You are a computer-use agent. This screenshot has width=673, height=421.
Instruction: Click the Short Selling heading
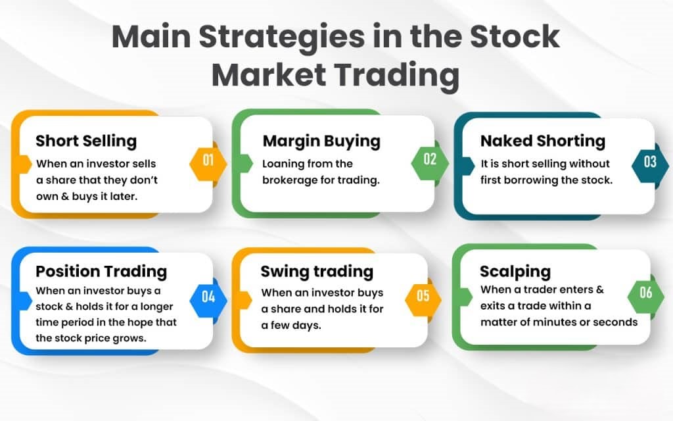click(86, 141)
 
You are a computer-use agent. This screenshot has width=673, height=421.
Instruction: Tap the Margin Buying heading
click(321, 141)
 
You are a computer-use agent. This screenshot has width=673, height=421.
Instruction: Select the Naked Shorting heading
click(542, 141)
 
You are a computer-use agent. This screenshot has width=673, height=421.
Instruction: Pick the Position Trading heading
click(101, 271)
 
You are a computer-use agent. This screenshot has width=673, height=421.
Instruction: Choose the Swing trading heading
click(317, 271)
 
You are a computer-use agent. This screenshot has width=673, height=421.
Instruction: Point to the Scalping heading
click(515, 271)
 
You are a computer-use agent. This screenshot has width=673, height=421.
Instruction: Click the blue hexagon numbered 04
click(208, 296)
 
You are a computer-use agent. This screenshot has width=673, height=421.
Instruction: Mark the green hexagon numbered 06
click(645, 292)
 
